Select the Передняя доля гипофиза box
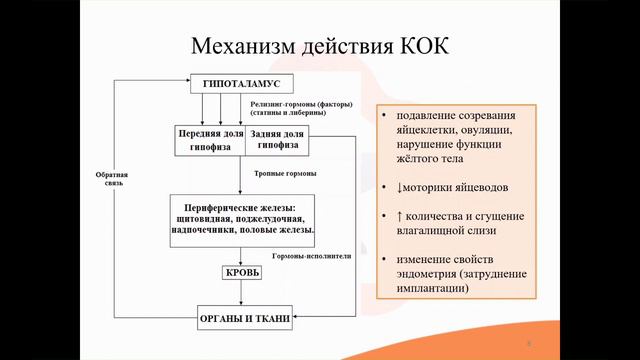[210, 139]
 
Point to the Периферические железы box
[244, 218]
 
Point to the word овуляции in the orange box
[484, 128]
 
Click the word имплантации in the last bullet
[440, 290]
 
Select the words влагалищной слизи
[446, 231]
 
